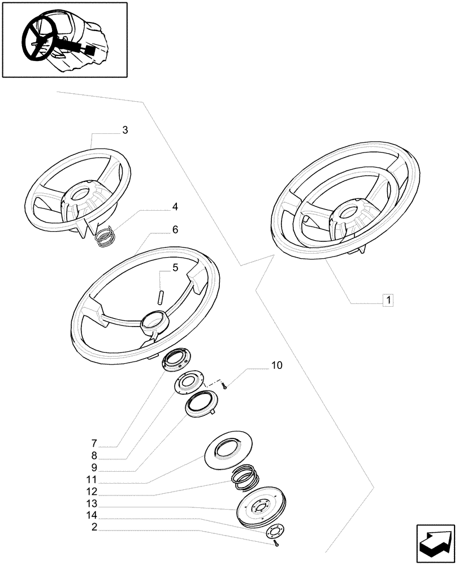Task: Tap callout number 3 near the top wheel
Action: pyautogui.click(x=125, y=130)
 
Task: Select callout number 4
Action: pyautogui.click(x=175, y=207)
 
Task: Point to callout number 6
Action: pyautogui.click(x=175, y=229)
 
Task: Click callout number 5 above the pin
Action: pyautogui.click(x=175, y=268)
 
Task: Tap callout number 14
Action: pyautogui.click(x=92, y=515)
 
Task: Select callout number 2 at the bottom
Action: pyautogui.click(x=93, y=527)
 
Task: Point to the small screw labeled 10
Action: pyautogui.click(x=225, y=386)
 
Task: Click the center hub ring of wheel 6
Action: pyautogui.click(x=154, y=320)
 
